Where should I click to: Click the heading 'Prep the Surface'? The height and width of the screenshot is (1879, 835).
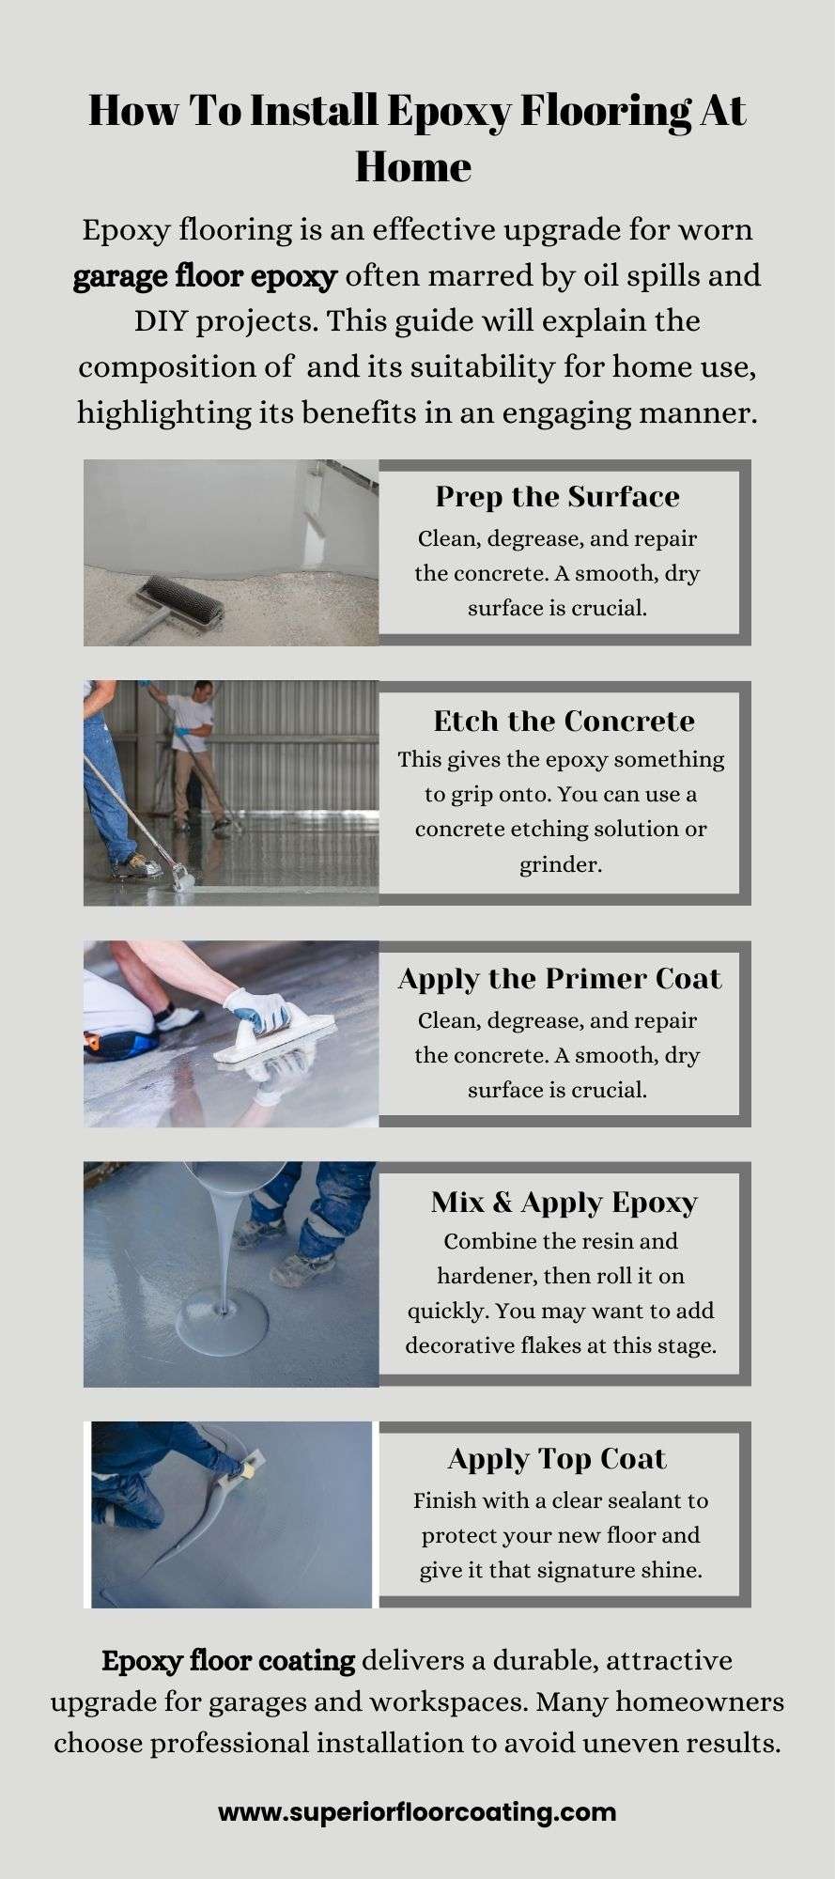click(x=557, y=497)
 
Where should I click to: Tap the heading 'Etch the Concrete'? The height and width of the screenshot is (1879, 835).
click(x=564, y=722)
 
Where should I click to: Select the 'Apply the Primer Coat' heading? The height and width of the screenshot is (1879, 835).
click(x=560, y=979)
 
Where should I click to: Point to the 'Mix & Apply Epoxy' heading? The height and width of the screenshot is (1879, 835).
click(x=564, y=1203)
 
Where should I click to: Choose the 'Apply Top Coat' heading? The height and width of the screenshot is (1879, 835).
click(x=557, y=1459)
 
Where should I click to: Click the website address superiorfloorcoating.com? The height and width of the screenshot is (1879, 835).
click(x=417, y=1813)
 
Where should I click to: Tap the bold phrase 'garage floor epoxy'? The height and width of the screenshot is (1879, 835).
click(x=205, y=277)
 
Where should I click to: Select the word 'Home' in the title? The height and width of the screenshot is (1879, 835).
click(x=413, y=167)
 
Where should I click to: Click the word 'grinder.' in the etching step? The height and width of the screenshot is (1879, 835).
click(x=561, y=864)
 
